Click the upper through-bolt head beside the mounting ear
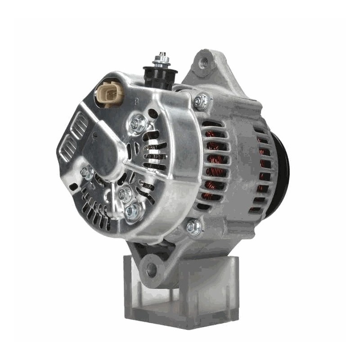point(202,102)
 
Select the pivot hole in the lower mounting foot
point(152,269)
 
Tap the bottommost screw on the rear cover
point(133,211)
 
